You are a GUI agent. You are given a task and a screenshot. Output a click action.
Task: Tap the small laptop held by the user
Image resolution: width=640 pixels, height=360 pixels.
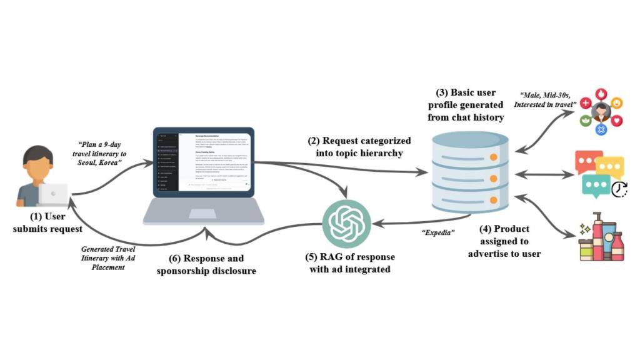(52, 194)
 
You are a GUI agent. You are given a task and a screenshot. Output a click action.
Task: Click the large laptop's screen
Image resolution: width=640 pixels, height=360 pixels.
(203, 161)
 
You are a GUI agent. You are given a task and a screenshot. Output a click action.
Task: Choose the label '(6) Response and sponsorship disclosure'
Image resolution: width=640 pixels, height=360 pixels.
(206, 264)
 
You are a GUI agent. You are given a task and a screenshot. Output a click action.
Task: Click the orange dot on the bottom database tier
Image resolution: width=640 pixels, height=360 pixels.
(494, 200)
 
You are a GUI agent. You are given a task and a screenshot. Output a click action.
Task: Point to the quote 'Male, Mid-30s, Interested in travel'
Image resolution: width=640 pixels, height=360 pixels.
(543, 99)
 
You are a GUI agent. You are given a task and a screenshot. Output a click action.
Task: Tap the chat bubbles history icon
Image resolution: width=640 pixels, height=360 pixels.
(601, 172)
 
